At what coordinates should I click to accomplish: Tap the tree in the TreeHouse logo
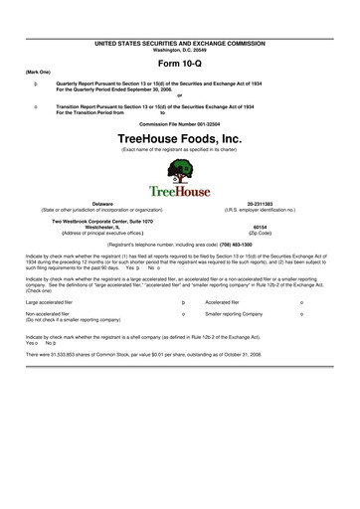tap(181, 168)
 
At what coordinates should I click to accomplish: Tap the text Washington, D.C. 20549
tap(180, 51)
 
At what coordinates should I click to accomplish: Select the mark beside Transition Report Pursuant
tap(36, 104)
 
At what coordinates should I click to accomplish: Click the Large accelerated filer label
tap(51, 300)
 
